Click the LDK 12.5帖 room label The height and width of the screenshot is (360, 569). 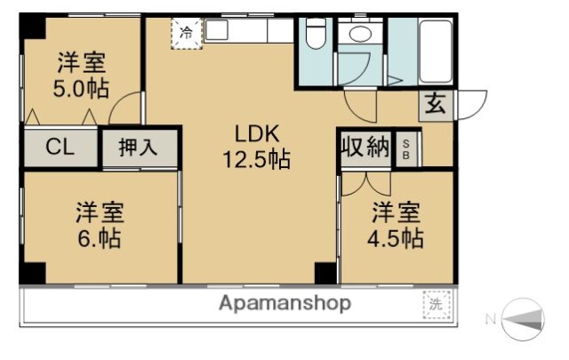click(x=256, y=147)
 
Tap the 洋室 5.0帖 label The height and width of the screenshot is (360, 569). click(x=82, y=76)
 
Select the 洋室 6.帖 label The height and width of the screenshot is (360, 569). click(x=99, y=226)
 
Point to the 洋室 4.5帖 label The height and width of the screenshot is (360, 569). click(x=396, y=226)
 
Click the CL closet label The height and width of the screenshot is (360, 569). click(x=60, y=148)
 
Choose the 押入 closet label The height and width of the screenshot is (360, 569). click(x=138, y=148)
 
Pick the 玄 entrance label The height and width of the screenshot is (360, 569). click(x=435, y=103)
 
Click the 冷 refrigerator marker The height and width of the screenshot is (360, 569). click(x=187, y=33)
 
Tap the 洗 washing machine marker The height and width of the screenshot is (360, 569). click(x=436, y=303)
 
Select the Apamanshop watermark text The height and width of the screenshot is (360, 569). click(x=284, y=303)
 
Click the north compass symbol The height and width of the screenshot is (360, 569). click(x=524, y=318)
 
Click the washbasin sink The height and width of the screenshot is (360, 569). click(x=360, y=35)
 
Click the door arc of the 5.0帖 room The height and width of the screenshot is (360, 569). click(x=124, y=109)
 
